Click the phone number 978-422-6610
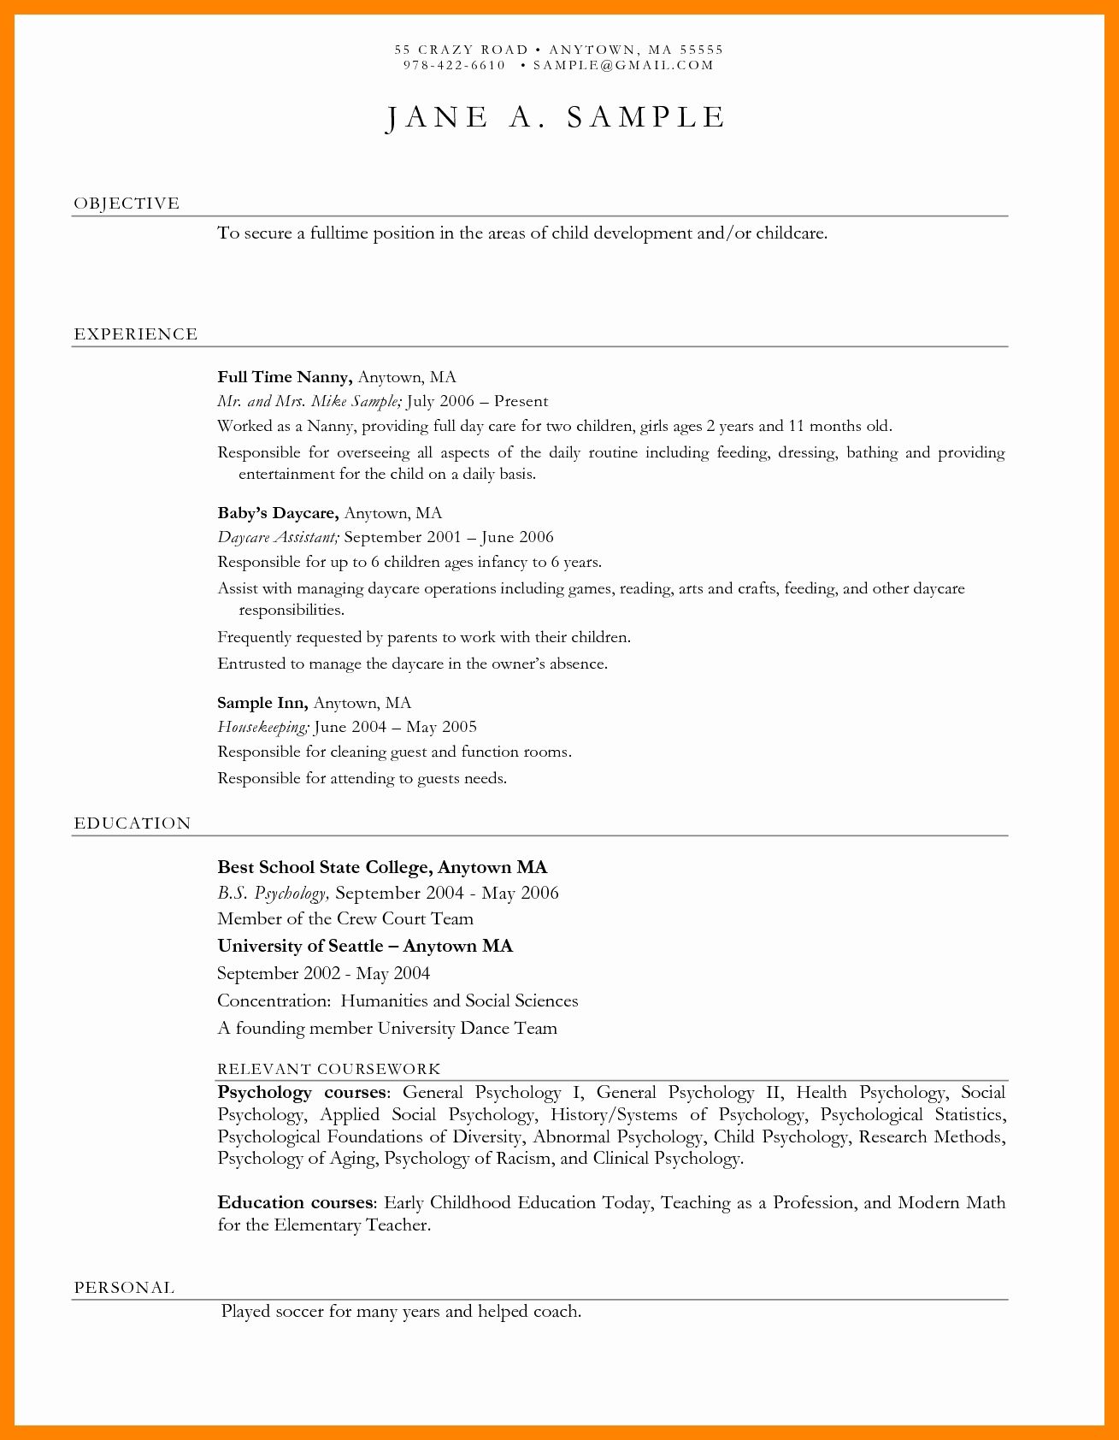454,65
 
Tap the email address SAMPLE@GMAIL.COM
622,65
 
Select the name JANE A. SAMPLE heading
557,118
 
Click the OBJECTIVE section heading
127,204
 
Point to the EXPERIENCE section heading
136,334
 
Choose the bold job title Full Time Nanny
284,377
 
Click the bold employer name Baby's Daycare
278,513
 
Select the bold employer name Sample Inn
262,703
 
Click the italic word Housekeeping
262,727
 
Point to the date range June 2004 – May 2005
396,727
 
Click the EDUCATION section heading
133,823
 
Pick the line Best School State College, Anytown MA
382,867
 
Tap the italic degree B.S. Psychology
272,894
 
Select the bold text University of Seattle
300,946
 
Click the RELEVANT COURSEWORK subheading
329,1069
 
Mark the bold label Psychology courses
302,1093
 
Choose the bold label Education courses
295,1203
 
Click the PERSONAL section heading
125,1288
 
